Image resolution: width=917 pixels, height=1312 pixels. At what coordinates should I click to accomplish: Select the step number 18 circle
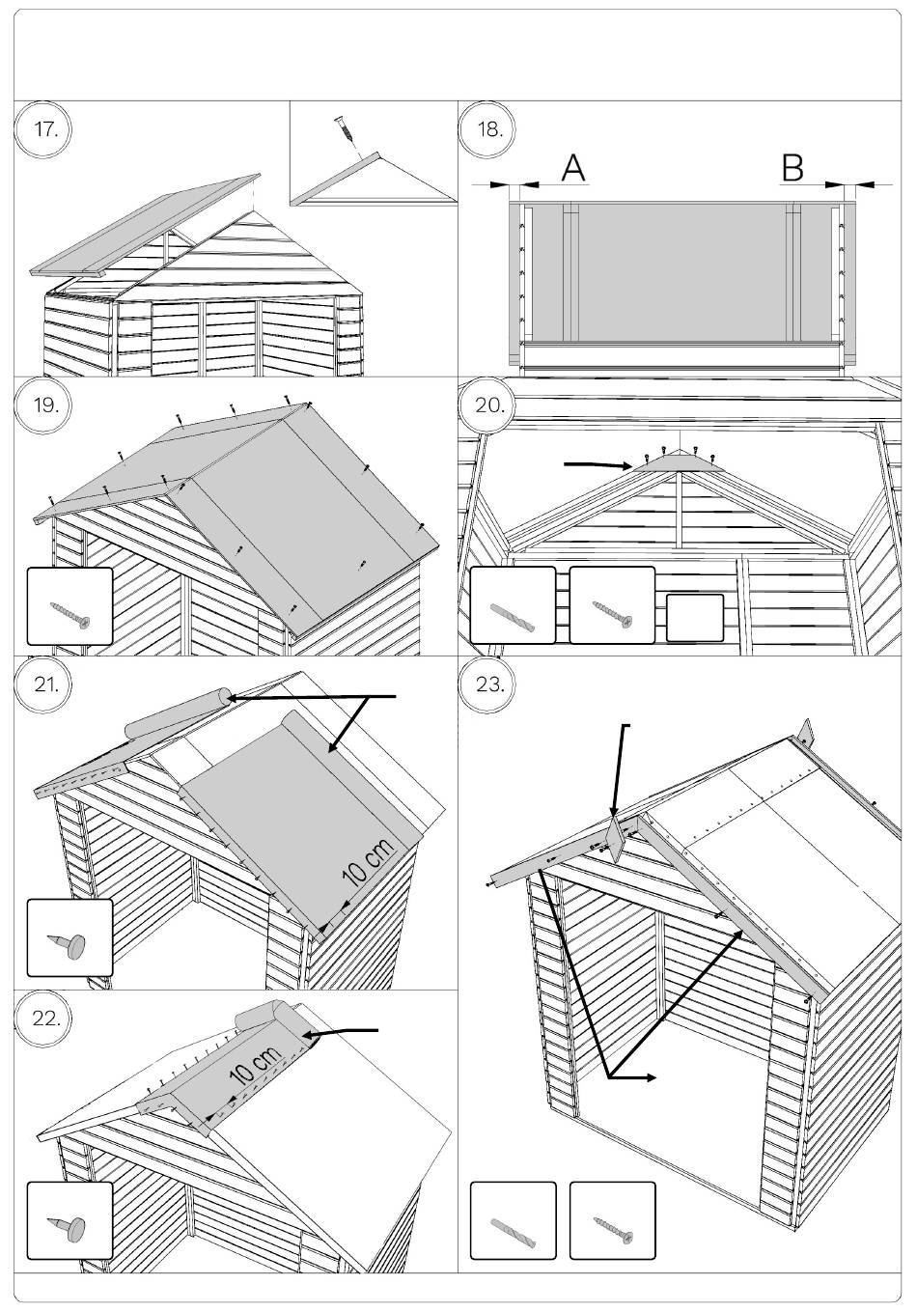coord(489,129)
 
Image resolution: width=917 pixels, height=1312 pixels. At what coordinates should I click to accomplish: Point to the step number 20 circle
coord(489,405)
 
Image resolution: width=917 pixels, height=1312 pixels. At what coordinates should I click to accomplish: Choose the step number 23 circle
coord(489,684)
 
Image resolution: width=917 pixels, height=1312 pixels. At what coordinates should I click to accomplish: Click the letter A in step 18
coord(573,168)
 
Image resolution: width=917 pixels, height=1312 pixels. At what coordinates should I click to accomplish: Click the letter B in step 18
coord(792,168)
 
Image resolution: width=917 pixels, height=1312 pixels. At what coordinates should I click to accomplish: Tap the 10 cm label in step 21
coord(368,863)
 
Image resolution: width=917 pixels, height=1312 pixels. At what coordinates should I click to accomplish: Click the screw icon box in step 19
coord(69,605)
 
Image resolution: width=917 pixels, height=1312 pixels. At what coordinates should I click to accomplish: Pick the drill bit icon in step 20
coord(512,605)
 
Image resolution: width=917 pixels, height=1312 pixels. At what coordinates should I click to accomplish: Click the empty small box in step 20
coord(695,618)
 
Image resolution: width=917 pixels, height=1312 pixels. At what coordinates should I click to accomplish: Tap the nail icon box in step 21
coord(69,937)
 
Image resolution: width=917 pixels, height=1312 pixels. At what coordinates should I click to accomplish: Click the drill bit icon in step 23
coord(513,1220)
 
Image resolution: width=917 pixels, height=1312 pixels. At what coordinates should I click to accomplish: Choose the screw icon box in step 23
coord(612,1220)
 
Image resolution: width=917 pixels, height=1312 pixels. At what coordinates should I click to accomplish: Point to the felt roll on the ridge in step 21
coord(177,712)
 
